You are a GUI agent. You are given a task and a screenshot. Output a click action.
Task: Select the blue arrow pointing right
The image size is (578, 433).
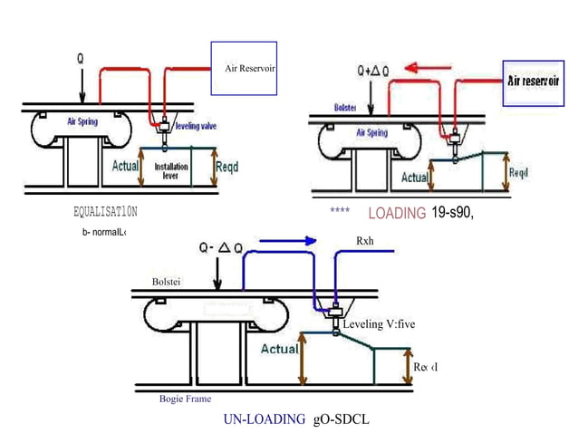click(x=287, y=242)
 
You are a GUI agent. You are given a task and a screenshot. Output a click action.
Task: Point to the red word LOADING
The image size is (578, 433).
click(x=397, y=214)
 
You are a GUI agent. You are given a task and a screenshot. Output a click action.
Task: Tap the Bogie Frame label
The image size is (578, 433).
click(x=185, y=398)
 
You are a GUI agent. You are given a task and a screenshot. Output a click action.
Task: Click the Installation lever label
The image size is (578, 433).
click(x=171, y=171)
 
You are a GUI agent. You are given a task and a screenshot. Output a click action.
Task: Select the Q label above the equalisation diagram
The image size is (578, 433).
click(x=81, y=55)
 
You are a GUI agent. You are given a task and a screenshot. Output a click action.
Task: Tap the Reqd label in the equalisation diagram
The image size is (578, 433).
click(x=227, y=167)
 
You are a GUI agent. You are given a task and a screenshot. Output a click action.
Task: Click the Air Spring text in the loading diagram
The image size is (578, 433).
click(x=371, y=132)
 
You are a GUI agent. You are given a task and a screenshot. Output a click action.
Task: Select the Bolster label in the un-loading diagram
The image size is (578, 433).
click(x=168, y=282)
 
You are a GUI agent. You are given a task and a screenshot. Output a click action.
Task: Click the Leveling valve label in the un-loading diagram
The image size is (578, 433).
click(x=378, y=323)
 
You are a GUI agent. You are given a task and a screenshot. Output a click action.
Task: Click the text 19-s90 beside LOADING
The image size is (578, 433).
click(x=453, y=213)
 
